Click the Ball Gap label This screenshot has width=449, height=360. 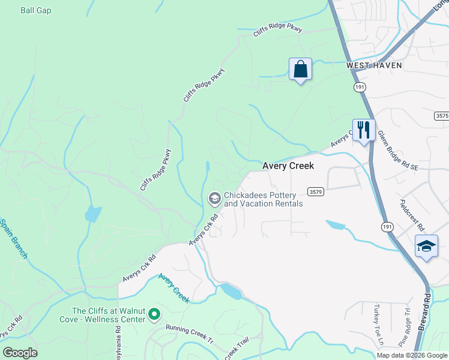[x=36, y=10]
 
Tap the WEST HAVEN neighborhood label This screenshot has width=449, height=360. [x=373, y=65]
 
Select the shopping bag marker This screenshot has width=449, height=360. [x=300, y=69]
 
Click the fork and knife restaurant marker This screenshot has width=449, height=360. [x=363, y=130]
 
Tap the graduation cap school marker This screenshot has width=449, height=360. [x=426, y=246]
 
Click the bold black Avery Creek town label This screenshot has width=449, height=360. [x=288, y=166]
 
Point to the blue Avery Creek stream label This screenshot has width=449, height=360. [x=174, y=287]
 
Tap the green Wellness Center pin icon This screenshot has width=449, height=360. [x=154, y=314]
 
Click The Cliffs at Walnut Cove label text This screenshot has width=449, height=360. [x=108, y=315]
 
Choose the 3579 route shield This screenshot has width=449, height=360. [x=316, y=191]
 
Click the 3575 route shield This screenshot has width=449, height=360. [x=442, y=115]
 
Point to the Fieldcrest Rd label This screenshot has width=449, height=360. [x=412, y=215]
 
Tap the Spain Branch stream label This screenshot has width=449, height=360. [x=13, y=239]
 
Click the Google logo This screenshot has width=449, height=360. [x=20, y=353]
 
